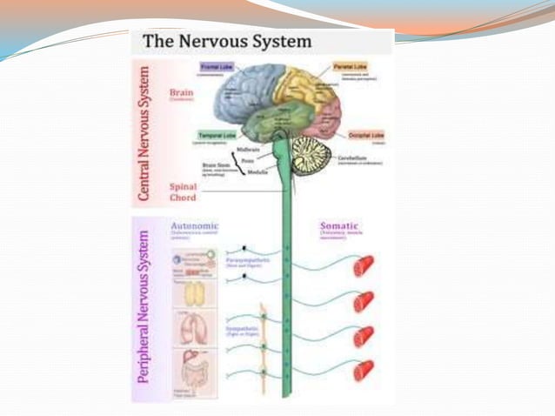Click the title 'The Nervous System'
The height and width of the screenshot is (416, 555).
228,41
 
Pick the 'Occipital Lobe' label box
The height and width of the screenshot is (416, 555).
365,137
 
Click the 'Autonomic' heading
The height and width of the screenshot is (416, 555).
195,225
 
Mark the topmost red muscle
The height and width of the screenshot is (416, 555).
364,265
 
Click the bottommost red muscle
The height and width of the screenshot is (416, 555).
364,370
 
